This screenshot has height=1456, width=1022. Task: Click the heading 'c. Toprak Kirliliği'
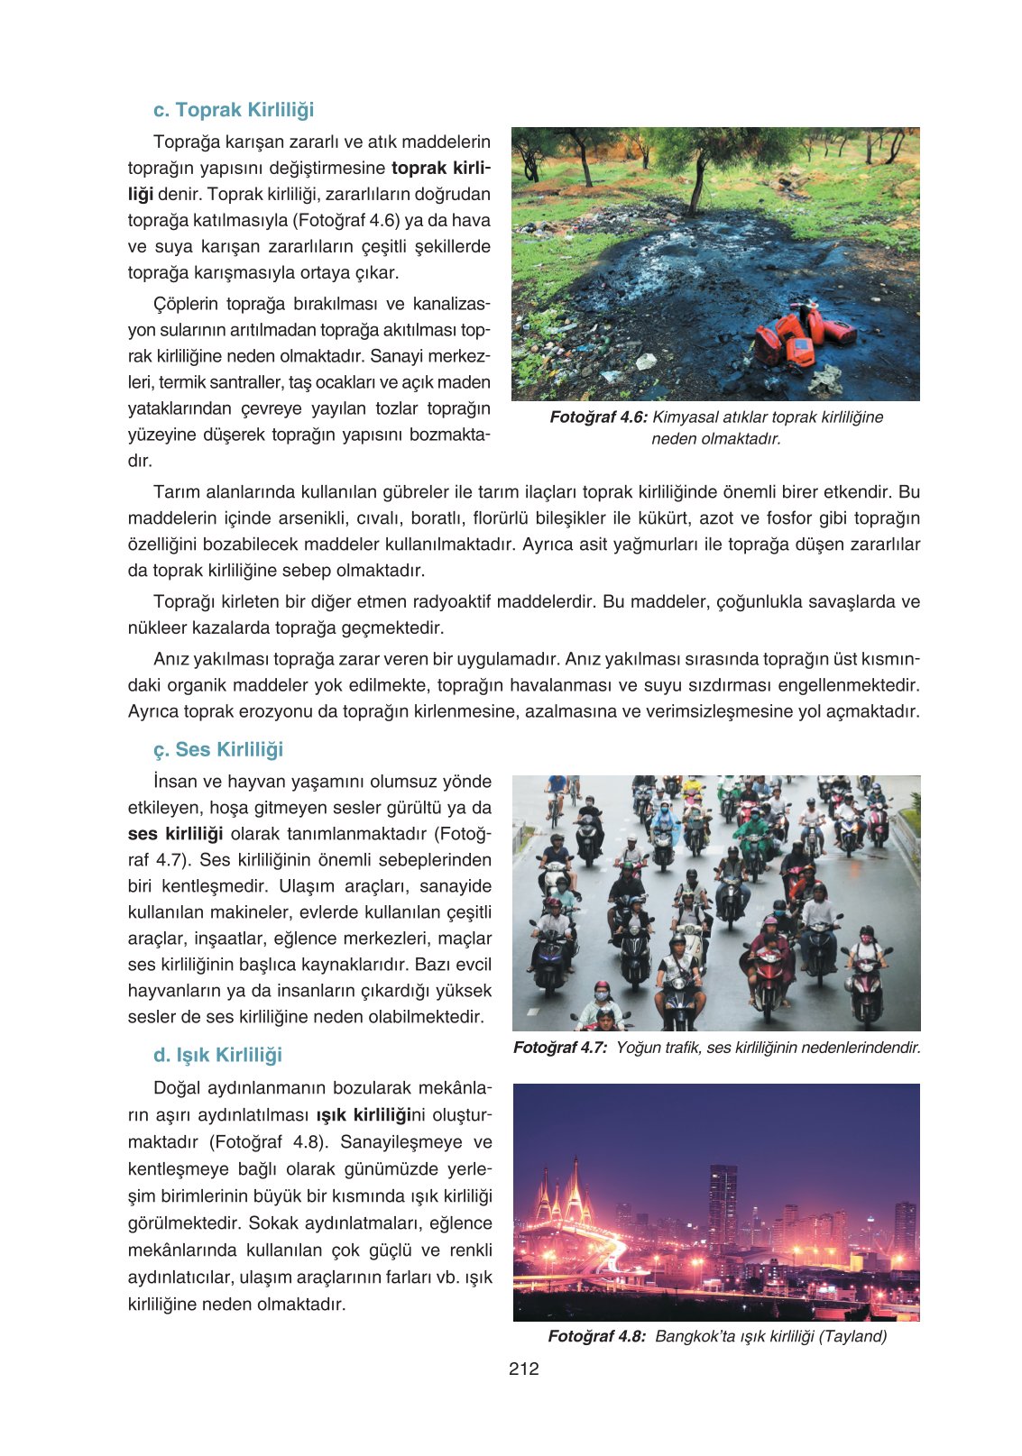(234, 110)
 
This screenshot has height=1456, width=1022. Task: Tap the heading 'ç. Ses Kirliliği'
(218, 749)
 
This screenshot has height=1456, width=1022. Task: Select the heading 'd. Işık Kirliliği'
(217, 1055)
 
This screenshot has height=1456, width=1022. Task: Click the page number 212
(524, 1369)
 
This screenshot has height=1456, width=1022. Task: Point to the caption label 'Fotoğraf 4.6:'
(598, 417)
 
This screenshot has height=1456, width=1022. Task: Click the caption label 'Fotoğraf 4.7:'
(560, 1048)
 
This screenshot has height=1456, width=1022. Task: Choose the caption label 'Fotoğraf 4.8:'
(596, 1336)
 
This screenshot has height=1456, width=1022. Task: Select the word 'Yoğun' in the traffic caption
(637, 1048)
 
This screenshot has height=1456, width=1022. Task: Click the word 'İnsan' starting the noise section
(174, 782)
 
